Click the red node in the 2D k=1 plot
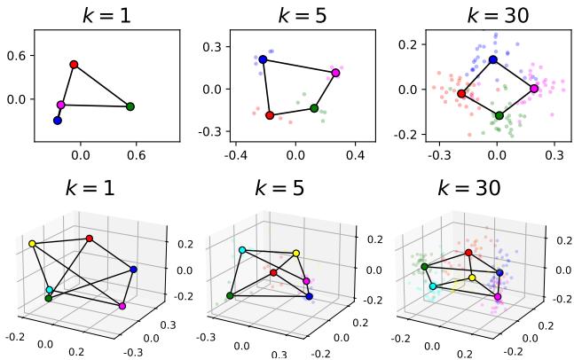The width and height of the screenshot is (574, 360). click(74, 64)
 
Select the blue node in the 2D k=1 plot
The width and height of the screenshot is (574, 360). click(58, 120)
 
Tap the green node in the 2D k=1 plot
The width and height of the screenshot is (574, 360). click(130, 106)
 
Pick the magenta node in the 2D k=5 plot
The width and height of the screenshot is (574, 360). click(335, 73)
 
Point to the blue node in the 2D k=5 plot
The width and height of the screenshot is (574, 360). click(263, 59)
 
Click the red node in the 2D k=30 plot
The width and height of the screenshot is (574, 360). click(461, 93)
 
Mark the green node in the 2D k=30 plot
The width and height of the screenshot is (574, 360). click(499, 115)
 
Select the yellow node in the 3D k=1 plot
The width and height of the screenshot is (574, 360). click(33, 243)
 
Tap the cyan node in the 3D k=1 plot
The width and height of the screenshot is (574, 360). click(50, 290)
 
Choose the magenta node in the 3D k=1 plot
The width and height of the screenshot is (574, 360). click(122, 306)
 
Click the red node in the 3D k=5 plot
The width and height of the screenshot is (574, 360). click(273, 272)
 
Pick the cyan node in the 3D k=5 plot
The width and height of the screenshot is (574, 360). click(242, 251)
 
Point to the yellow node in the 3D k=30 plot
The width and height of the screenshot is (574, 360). click(472, 278)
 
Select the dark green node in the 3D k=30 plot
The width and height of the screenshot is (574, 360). click(425, 266)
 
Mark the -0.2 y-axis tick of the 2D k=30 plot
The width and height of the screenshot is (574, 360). click(405, 135)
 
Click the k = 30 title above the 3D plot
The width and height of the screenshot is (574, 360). click(469, 188)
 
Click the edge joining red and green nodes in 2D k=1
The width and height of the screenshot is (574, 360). click(102, 85)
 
